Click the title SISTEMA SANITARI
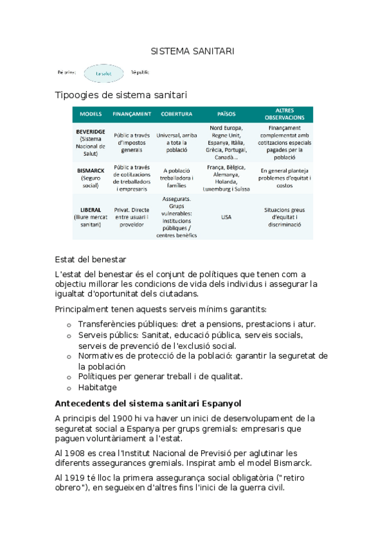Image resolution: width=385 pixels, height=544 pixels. [193, 51]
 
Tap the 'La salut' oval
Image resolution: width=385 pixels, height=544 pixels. [103, 74]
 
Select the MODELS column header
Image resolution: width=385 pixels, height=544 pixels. [91, 114]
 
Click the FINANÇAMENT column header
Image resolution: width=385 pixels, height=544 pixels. [132, 114]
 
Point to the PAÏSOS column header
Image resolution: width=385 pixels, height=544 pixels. [226, 114]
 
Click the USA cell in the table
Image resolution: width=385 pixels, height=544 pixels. [226, 217]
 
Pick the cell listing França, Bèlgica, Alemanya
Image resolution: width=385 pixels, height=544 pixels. [226, 178]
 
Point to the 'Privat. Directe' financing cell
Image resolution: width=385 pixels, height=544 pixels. [132, 217]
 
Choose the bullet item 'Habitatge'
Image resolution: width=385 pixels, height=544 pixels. [97, 387]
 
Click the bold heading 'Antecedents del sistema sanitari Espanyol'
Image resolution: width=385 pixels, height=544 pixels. [148, 404]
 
